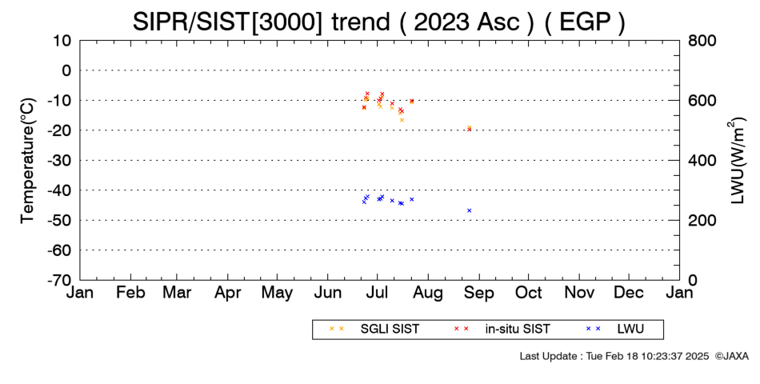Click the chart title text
click(379, 22)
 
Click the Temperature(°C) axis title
click(28, 161)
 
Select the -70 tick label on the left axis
click(59, 280)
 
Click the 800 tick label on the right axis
click(702, 40)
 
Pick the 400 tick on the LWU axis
click(702, 161)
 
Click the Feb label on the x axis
click(131, 293)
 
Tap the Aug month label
click(428, 293)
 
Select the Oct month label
click(528, 293)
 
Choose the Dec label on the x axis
click(629, 293)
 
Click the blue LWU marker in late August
click(469, 210)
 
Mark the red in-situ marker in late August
click(469, 130)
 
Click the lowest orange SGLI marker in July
click(402, 120)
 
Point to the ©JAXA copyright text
click(731, 356)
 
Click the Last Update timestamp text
click(614, 356)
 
